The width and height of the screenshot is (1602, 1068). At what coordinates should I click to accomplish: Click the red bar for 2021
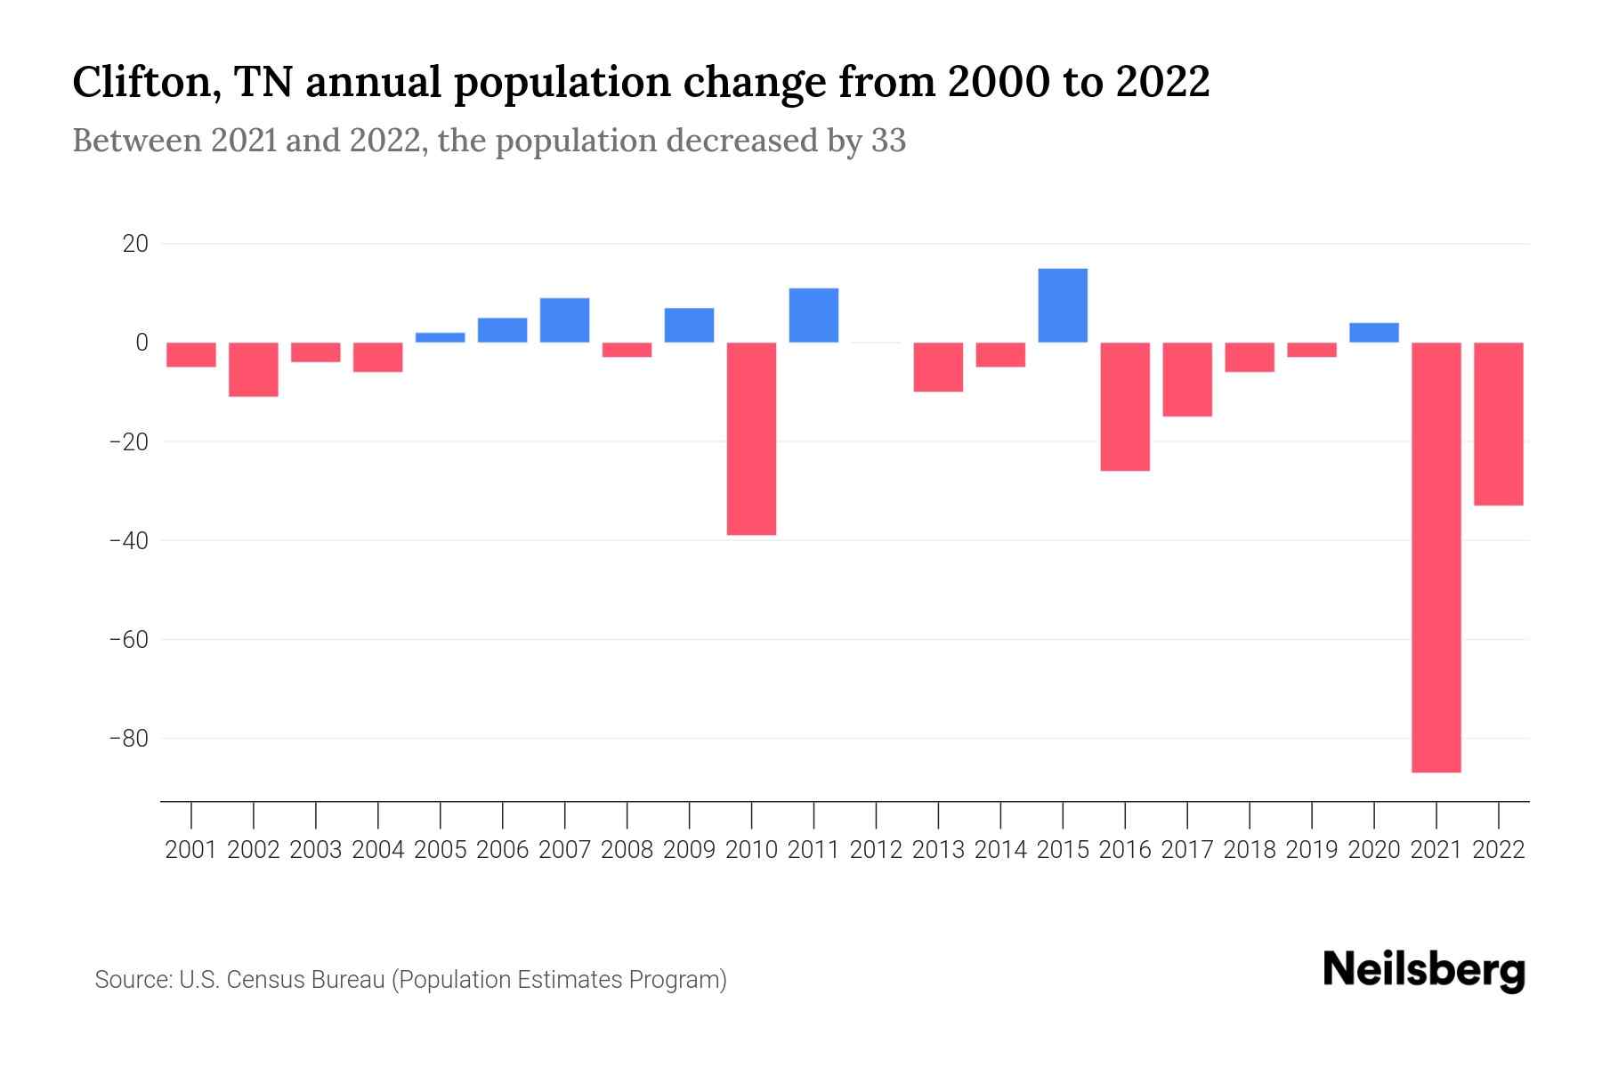(1436, 557)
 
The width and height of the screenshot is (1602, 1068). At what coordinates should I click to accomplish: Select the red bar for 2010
(751, 438)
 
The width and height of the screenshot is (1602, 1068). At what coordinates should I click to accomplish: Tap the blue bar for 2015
(1063, 305)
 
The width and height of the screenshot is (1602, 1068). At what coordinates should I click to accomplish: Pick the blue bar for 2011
(813, 315)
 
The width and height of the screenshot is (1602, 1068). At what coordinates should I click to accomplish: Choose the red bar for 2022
(1499, 424)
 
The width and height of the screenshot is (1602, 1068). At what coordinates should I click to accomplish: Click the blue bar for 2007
(564, 320)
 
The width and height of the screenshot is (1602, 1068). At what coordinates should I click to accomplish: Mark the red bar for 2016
(1125, 406)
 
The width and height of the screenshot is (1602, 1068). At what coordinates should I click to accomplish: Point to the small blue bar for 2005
(440, 337)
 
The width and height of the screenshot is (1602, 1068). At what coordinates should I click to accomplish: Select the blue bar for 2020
(1374, 333)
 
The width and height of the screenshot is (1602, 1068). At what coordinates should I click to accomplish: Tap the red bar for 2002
(254, 369)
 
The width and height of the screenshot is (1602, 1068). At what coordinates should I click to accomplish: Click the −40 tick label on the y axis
(128, 540)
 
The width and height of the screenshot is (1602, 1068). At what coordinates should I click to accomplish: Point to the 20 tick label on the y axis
(135, 243)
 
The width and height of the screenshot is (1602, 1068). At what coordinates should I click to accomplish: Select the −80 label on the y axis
(128, 739)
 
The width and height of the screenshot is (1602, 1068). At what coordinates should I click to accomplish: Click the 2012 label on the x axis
(876, 850)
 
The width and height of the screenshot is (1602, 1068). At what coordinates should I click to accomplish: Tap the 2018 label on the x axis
(1250, 850)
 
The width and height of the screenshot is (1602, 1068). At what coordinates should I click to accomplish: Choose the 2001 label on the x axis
(191, 850)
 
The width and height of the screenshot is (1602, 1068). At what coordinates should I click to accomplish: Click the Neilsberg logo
(1424, 970)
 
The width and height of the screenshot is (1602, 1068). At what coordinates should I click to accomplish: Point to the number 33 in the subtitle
(888, 141)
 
